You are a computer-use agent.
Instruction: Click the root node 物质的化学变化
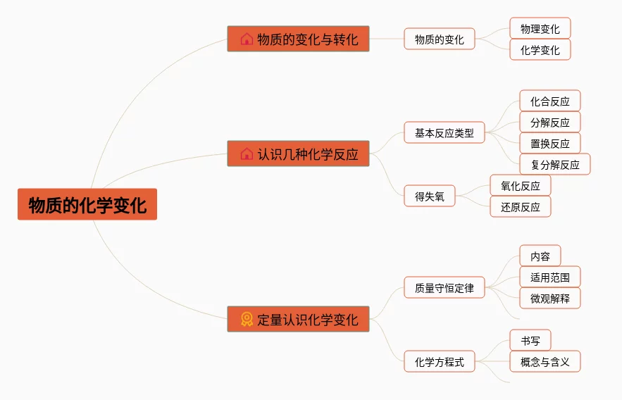pos(87,204)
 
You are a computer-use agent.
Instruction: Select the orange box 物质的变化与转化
pos(298,39)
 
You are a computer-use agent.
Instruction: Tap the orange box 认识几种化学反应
pos(298,154)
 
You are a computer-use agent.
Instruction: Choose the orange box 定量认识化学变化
pos(298,319)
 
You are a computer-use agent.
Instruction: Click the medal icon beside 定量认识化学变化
pos(247,319)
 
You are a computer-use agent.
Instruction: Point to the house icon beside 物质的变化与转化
pos(247,39)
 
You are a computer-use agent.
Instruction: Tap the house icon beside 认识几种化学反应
pos(247,154)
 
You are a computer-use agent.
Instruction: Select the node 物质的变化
pos(440,39)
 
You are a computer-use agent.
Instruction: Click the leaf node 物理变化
pos(540,28)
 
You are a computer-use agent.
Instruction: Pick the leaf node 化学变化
pos(540,50)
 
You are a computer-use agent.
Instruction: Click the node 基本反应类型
pos(444,132)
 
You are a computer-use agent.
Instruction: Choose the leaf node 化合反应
pos(550,101)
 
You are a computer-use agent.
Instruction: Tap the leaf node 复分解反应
pos(555,165)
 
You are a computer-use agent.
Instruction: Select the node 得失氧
pos(430,196)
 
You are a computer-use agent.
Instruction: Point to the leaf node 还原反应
pos(521,207)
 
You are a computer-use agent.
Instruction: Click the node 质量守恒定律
pos(444,287)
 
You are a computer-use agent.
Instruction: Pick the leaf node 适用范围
pos(550,277)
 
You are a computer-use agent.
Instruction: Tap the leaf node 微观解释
pos(550,298)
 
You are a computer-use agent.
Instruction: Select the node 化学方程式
pos(440,362)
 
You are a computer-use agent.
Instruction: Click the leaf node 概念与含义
pos(545,362)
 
